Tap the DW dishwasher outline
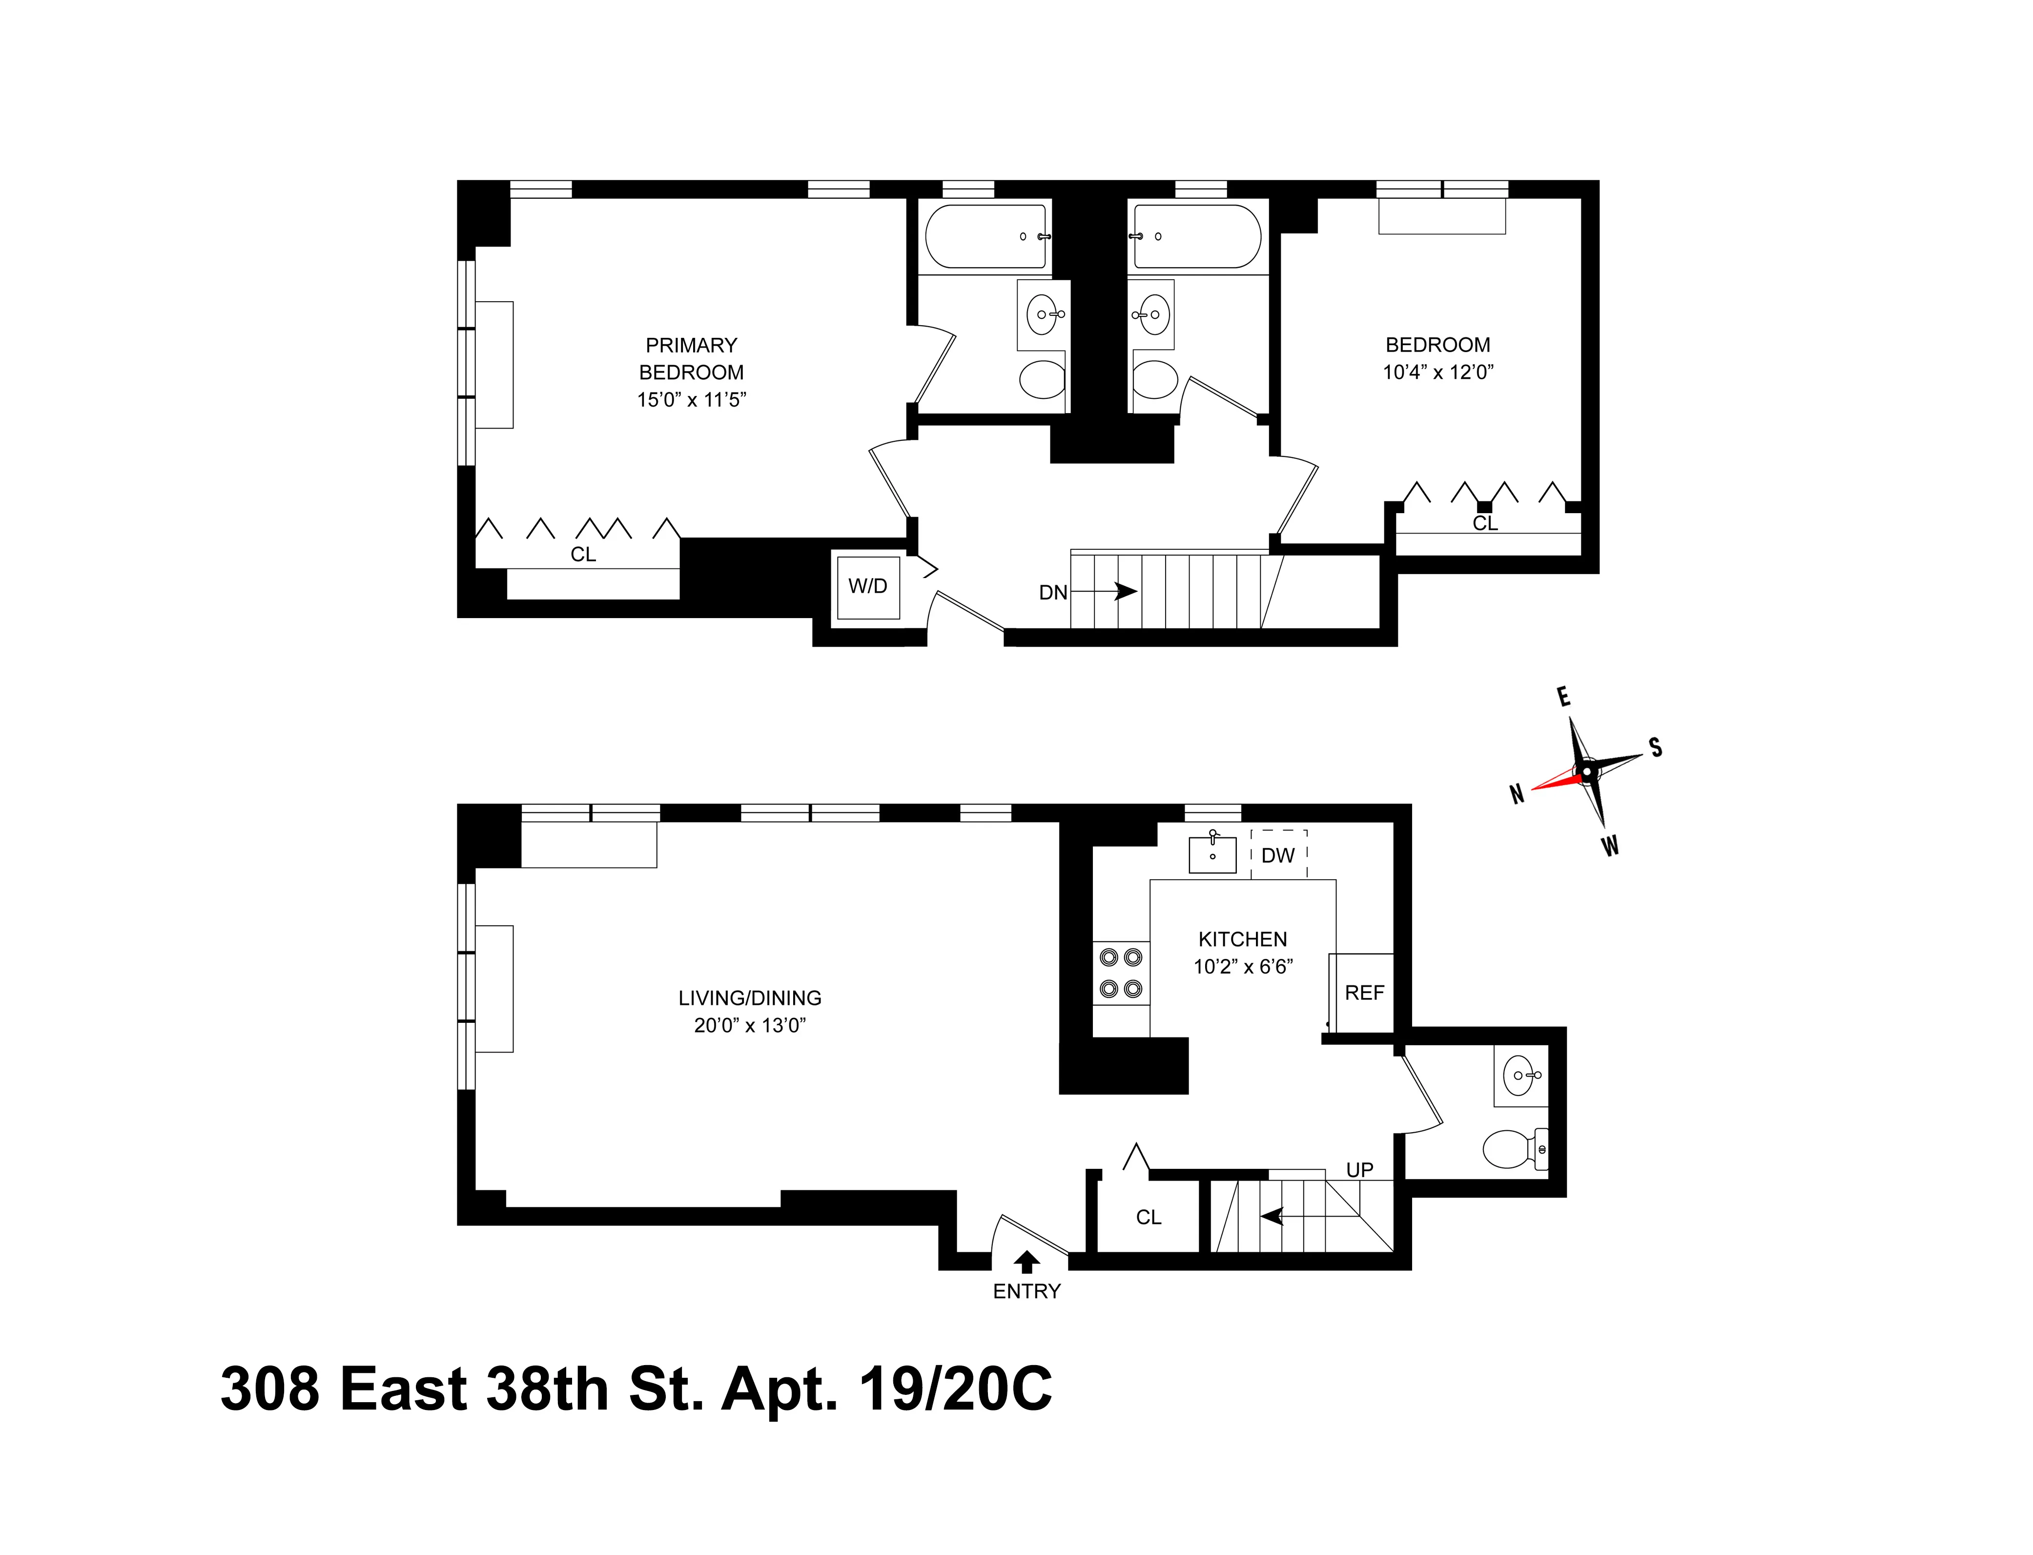(1278, 854)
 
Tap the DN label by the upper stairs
(1053, 592)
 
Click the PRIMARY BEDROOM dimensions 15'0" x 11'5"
(691, 400)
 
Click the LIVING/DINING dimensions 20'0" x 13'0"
(750, 1026)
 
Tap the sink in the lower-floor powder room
(1520, 1076)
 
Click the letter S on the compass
(1656, 748)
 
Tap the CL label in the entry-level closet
(1149, 1217)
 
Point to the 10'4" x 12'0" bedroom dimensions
(1438, 372)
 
